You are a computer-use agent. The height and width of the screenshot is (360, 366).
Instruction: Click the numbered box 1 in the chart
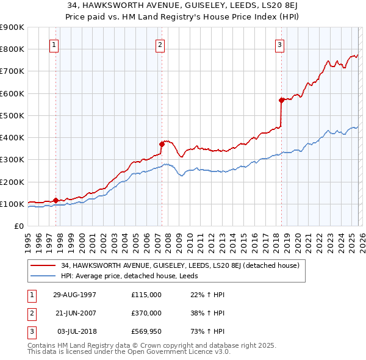pyautogui.click(x=54, y=44)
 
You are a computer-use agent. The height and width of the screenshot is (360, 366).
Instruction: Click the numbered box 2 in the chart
pyautogui.click(x=160, y=44)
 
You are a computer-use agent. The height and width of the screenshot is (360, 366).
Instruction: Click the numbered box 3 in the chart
pyautogui.click(x=279, y=44)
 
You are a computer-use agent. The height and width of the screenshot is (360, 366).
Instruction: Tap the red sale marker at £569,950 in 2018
pyautogui.click(x=281, y=100)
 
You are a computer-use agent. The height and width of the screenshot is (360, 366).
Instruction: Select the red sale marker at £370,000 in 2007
pyautogui.click(x=162, y=144)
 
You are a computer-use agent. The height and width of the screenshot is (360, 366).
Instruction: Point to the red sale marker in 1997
pyautogui.click(x=56, y=200)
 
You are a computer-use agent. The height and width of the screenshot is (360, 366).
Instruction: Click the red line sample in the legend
pyautogui.click(x=43, y=266)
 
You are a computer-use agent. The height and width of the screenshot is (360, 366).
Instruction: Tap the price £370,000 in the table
pyautogui.click(x=146, y=313)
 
